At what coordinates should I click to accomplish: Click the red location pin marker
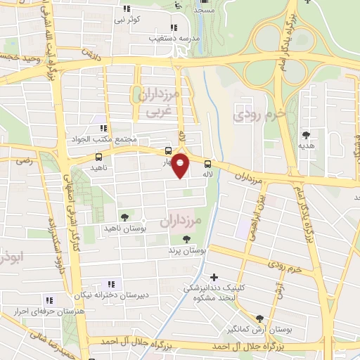181,166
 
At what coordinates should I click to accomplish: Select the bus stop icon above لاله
207,163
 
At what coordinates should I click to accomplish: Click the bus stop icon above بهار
168,150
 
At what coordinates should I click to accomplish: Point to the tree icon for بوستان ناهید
124,217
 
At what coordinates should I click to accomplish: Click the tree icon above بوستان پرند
186,238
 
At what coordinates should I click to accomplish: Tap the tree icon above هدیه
305,134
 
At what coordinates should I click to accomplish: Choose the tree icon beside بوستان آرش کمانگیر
260,318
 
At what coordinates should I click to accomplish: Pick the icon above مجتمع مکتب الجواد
103,128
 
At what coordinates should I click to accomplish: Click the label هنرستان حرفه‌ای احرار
50,310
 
